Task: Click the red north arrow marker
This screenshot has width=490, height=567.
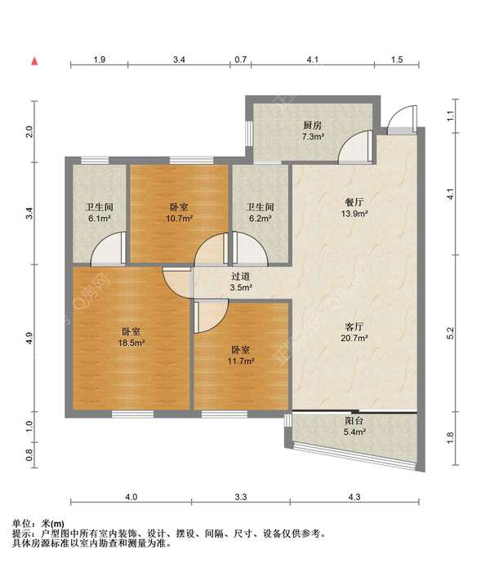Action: pyautogui.click(x=35, y=61)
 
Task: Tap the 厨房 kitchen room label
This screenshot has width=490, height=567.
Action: pyautogui.click(x=312, y=126)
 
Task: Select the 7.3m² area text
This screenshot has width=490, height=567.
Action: pyautogui.click(x=313, y=137)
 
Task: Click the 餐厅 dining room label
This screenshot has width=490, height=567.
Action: pyautogui.click(x=354, y=202)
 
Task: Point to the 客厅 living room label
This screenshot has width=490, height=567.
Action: pyautogui.click(x=354, y=327)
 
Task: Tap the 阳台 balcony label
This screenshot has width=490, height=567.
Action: pyautogui.click(x=354, y=420)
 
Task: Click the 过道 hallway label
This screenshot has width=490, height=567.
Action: pyautogui.click(x=241, y=277)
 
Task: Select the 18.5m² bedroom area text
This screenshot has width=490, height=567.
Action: pyautogui.click(x=131, y=343)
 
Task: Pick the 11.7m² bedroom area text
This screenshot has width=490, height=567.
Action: pyautogui.click(x=241, y=361)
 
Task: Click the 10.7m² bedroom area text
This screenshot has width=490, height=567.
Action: pyautogui.click(x=179, y=219)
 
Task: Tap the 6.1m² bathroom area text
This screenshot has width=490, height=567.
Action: pyautogui.click(x=100, y=219)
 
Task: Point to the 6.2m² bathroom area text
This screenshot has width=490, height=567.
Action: pyautogui.click(x=261, y=219)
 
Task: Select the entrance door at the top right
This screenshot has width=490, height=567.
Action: pyautogui.click(x=403, y=119)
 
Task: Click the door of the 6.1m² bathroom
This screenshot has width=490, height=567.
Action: pyautogui.click(x=109, y=248)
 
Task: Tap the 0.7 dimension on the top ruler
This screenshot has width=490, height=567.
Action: pyautogui.click(x=241, y=60)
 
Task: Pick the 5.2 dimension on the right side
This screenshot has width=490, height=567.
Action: pyautogui.click(x=450, y=333)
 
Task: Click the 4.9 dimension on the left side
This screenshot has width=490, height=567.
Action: pyautogui.click(x=29, y=338)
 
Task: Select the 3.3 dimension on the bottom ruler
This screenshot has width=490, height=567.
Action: pyautogui.click(x=241, y=497)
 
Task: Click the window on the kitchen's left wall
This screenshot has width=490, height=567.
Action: pyautogui.click(x=249, y=134)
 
